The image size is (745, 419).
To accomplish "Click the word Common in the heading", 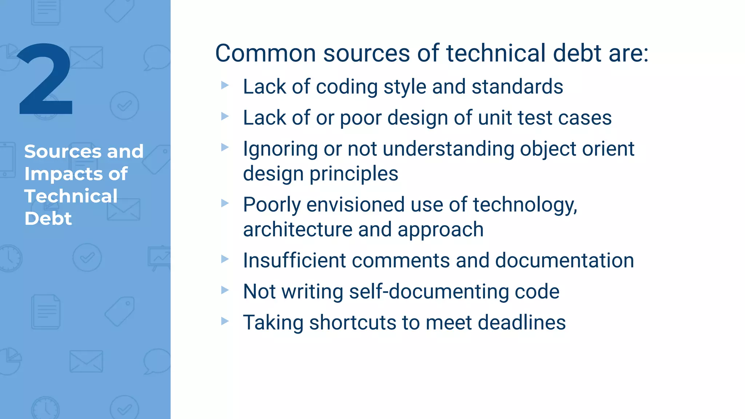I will tap(266, 53).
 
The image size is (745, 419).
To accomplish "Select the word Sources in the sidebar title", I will tap(63, 151).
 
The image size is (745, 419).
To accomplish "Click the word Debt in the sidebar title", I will tap(48, 219).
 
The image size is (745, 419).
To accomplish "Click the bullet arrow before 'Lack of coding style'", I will tap(225, 85).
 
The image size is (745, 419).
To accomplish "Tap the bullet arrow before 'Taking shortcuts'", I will tap(225, 321).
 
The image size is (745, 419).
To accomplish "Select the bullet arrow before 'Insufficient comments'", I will tap(225, 259).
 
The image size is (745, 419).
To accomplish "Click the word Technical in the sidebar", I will tap(71, 196).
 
